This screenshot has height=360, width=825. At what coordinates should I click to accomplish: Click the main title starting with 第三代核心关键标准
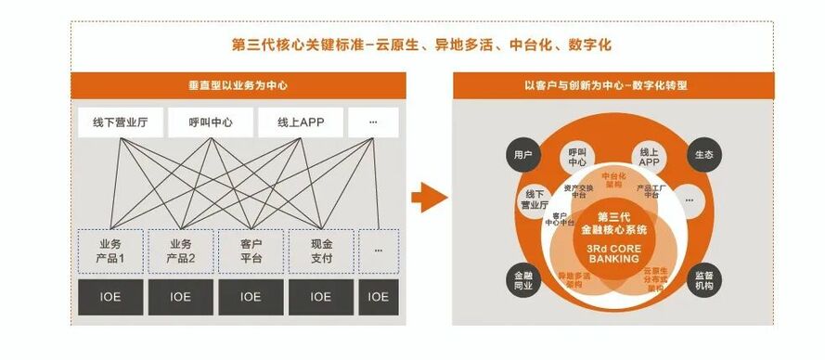tap(420, 44)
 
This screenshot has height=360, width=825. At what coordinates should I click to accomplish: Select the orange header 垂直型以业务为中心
tap(238, 85)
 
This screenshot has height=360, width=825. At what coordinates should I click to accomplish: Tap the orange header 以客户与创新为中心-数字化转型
tap(612, 85)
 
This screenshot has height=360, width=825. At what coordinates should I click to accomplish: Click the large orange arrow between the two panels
tap(429, 196)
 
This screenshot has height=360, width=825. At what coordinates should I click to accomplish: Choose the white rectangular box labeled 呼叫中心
tap(211, 122)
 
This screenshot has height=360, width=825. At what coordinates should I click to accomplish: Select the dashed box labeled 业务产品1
tap(110, 251)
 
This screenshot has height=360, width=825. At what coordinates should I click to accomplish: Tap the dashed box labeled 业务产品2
tap(180, 251)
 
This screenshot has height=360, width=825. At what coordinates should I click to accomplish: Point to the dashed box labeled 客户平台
tap(251, 251)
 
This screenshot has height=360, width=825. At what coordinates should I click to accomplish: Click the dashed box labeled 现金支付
tap(321, 251)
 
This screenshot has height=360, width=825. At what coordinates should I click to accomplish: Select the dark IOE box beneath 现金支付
tap(321, 297)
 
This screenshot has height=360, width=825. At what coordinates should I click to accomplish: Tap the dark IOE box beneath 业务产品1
tap(110, 297)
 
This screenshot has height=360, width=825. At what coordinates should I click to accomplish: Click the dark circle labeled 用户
tap(522, 155)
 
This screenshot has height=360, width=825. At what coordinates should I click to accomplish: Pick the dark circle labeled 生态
tap(703, 155)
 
